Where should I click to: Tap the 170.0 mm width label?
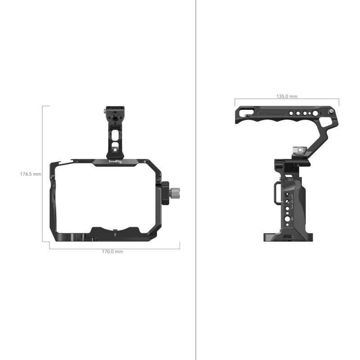[x=112, y=252]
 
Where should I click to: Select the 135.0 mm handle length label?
[x=286, y=96]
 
